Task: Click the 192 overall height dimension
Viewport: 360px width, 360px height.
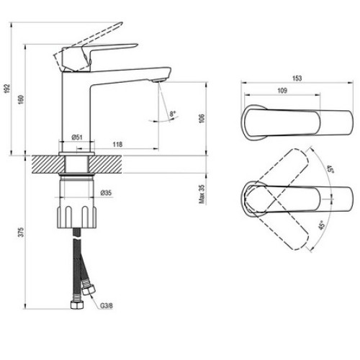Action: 7,89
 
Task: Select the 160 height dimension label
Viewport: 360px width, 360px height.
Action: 21,99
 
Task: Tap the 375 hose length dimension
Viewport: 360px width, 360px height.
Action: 22,233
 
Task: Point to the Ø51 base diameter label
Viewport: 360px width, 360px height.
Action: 77,138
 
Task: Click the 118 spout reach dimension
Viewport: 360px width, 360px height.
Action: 117,144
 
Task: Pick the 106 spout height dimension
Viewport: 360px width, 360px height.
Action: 202,119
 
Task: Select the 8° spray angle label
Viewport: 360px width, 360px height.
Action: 173,114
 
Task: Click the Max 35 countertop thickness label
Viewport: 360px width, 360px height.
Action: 202,194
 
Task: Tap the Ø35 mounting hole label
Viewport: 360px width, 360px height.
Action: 106,193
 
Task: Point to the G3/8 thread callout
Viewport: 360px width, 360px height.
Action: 107,306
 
